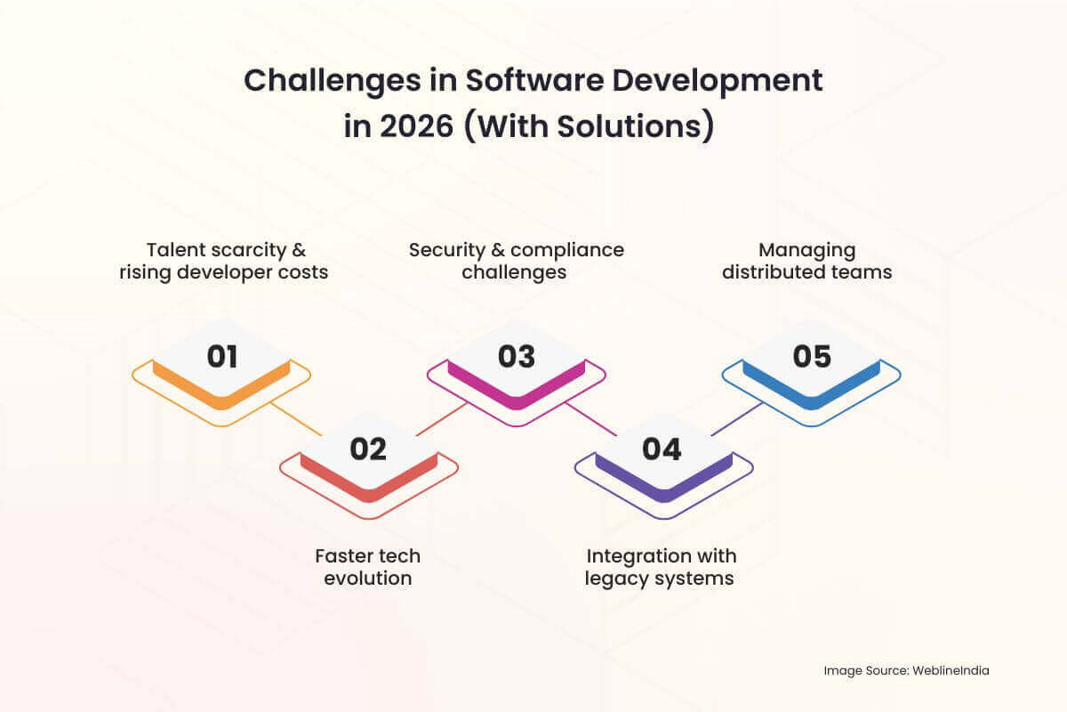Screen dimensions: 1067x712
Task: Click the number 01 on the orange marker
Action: (222, 356)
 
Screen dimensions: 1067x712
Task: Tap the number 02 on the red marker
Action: (368, 449)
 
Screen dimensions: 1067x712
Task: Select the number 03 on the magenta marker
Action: (517, 356)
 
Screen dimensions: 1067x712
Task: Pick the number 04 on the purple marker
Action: (662, 449)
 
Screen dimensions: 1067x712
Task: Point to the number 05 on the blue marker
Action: (812, 356)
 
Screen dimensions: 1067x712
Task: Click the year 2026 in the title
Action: (416, 127)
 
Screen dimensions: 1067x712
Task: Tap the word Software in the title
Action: (534, 80)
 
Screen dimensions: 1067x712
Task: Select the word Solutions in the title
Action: (630, 127)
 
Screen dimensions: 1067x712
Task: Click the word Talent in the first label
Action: (177, 250)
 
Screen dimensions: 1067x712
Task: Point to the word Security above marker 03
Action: (447, 251)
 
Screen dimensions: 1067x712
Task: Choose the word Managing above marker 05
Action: (807, 251)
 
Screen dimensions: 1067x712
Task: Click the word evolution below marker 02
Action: (368, 578)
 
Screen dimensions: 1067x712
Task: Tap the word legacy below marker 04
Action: (615, 579)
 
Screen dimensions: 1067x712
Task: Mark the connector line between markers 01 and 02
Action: (296, 419)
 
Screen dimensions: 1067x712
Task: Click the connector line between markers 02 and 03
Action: (442, 419)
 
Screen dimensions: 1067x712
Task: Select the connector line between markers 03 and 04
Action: (591, 419)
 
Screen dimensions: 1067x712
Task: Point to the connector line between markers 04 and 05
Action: (737, 419)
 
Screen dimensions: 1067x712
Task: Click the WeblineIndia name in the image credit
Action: (951, 670)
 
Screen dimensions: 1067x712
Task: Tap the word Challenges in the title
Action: (333, 81)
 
